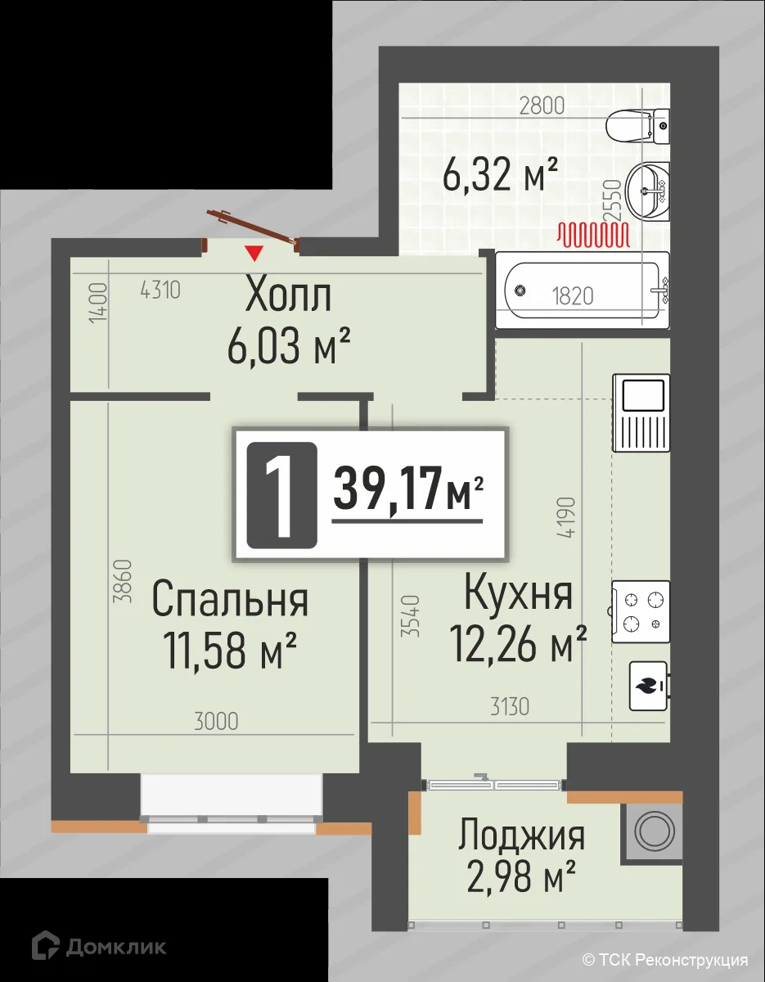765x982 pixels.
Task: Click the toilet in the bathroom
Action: tap(638, 126)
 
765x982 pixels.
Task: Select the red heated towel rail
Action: tap(593, 235)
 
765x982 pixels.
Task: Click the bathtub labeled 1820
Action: tap(582, 291)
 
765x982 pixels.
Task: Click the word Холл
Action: tap(288, 297)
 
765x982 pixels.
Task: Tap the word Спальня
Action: tap(230, 600)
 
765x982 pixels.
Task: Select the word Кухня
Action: tap(518, 593)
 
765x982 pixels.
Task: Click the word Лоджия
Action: tap(521, 836)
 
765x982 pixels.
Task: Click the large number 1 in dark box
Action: tap(281, 494)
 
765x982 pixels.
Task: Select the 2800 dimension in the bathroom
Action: tap(542, 105)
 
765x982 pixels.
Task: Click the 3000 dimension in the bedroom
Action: tap(217, 721)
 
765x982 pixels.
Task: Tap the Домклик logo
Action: tap(99, 947)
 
